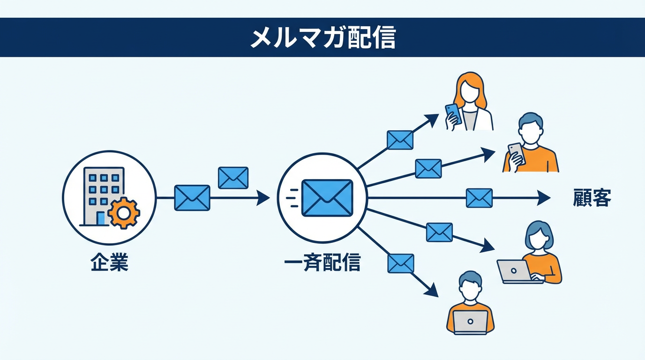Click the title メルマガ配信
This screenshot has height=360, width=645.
(x=322, y=38)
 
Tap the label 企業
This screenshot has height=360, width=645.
(x=109, y=263)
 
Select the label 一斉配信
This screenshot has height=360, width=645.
(x=322, y=263)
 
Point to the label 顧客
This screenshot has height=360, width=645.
(x=592, y=198)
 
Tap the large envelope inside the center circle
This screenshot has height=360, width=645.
(x=327, y=198)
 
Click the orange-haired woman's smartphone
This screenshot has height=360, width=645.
(x=453, y=113)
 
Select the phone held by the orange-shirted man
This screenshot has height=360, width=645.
(x=516, y=153)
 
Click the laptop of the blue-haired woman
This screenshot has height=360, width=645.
(x=514, y=271)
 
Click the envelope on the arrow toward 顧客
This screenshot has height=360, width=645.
(x=479, y=198)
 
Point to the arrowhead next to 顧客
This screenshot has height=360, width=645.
(x=544, y=198)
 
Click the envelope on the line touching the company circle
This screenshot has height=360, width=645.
(x=192, y=198)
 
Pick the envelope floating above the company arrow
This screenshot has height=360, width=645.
(x=233, y=178)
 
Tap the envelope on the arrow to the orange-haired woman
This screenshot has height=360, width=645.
(x=400, y=140)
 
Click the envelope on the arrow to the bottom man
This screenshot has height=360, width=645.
(x=401, y=263)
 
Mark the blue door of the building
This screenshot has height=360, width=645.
(x=101, y=218)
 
